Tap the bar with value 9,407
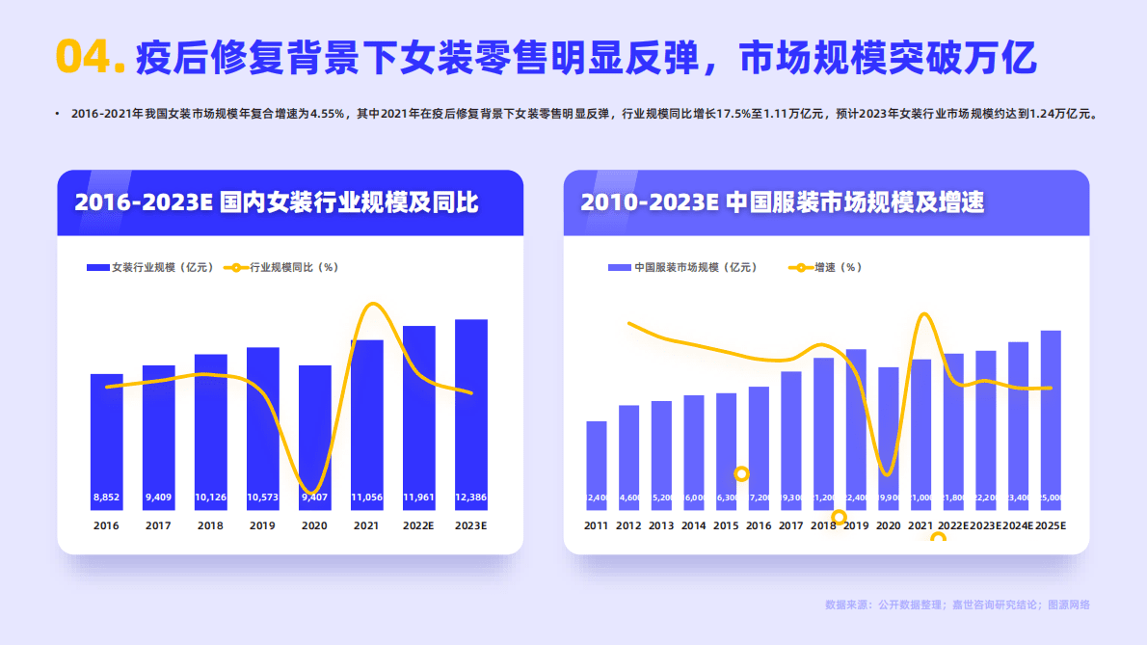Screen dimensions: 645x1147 (315, 434)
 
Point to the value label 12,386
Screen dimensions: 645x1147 (471, 497)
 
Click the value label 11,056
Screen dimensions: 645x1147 (367, 497)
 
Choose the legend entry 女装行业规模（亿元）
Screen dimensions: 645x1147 (144, 267)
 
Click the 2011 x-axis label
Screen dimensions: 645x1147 (597, 525)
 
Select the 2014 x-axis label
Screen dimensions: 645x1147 (694, 525)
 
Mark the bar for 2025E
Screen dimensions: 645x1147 (1051, 415)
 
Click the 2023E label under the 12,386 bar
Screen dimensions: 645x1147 (471, 525)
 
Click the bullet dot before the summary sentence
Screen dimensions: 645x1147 (57, 114)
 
